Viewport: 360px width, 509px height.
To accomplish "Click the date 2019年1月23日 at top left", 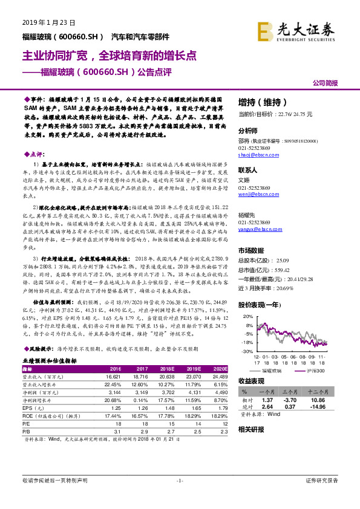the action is [x=49, y=22].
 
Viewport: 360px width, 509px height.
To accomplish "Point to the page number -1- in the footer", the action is [x=180, y=497].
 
